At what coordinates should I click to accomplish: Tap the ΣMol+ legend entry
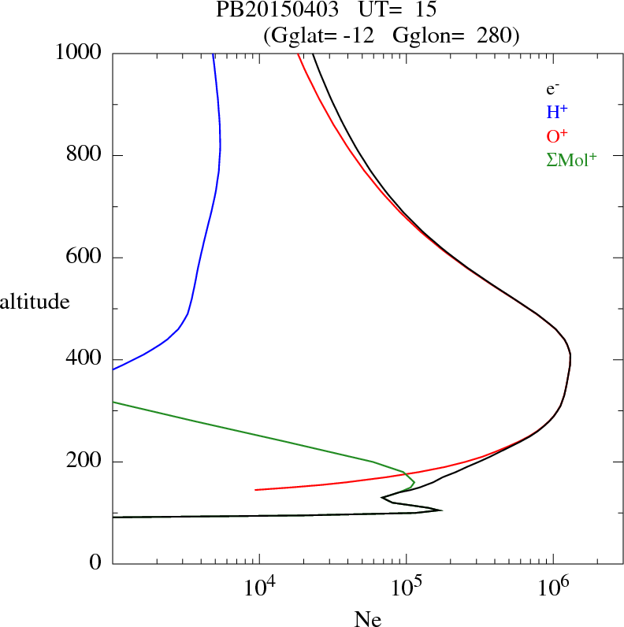click(570, 160)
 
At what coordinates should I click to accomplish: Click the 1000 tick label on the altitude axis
click(80, 53)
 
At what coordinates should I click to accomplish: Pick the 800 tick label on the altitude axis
click(85, 155)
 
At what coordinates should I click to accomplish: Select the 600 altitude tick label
click(85, 258)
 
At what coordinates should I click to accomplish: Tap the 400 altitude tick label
click(85, 360)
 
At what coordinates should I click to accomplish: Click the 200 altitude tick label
click(85, 462)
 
